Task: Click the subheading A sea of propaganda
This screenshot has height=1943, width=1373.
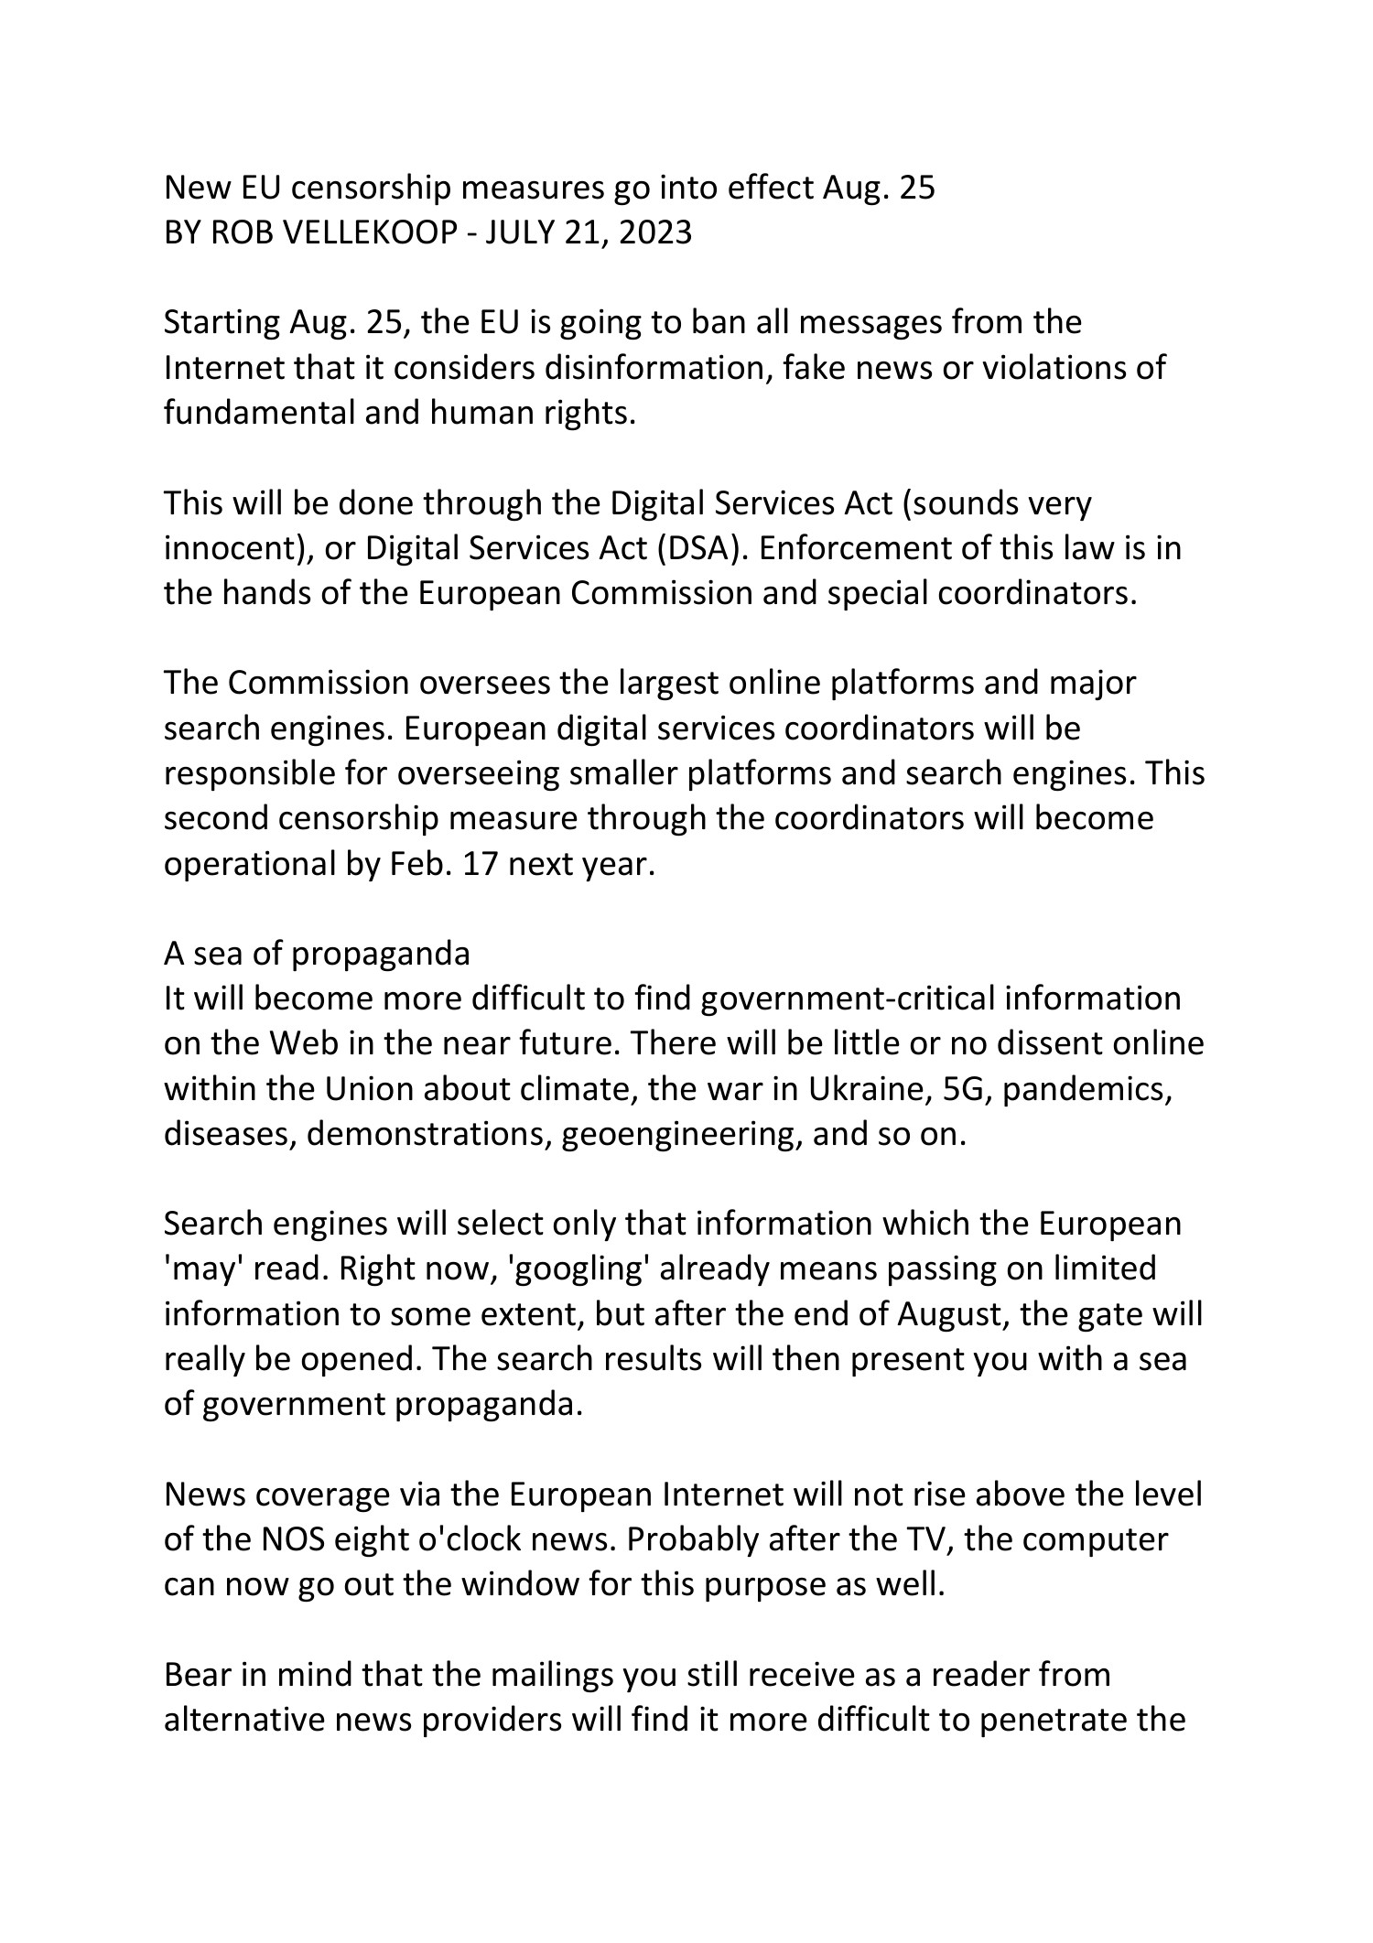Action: coord(317,954)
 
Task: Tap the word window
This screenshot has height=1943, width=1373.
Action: coord(519,1584)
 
